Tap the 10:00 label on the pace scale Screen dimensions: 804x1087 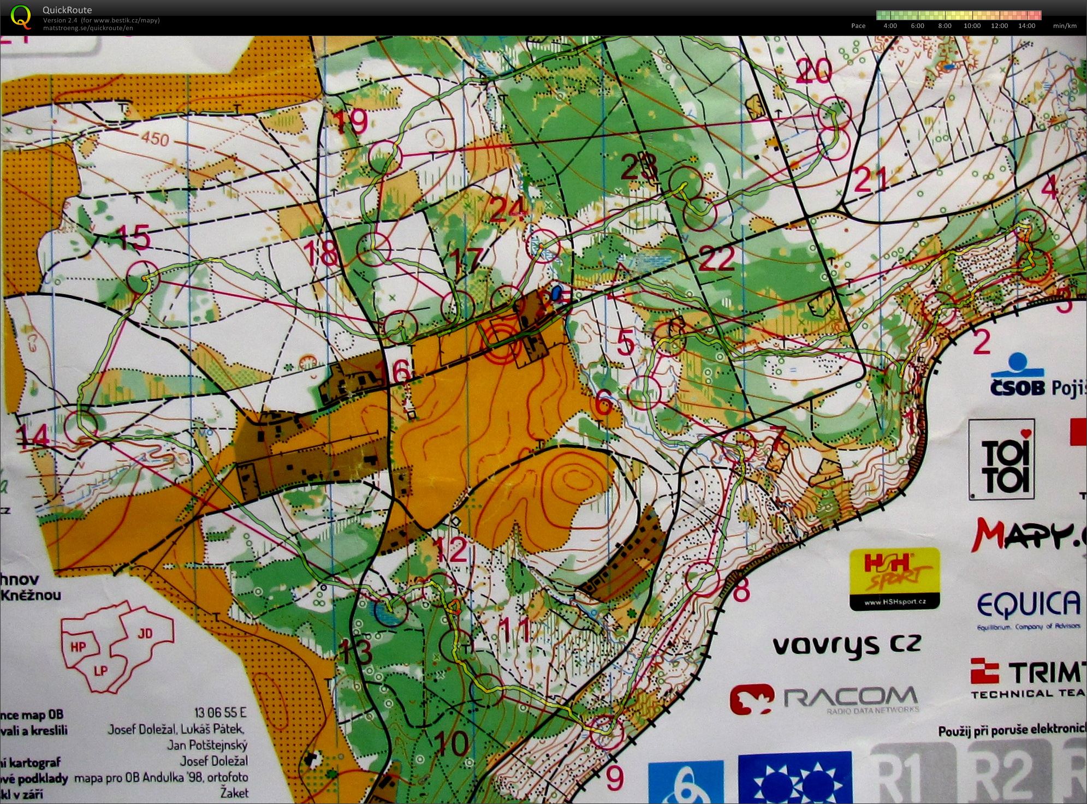pos(972,26)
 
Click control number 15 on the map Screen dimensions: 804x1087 pos(134,238)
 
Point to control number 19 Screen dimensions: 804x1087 pos(350,121)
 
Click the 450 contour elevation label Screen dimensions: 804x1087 pos(155,139)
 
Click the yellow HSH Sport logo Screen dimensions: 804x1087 pos(894,579)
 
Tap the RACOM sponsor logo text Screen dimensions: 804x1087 pos(850,697)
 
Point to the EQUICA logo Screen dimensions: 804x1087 pos(1028,605)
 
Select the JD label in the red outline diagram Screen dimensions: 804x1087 pos(145,633)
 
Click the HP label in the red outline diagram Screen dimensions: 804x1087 pos(79,647)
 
